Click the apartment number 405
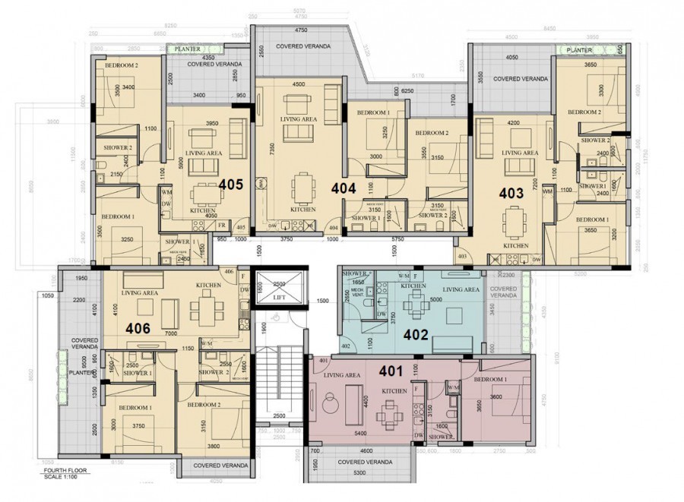click(x=231, y=184)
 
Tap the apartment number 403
click(x=511, y=193)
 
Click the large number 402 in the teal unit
click(x=416, y=334)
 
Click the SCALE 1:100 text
click(x=61, y=477)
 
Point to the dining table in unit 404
click(x=302, y=185)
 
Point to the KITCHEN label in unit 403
click(x=516, y=246)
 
